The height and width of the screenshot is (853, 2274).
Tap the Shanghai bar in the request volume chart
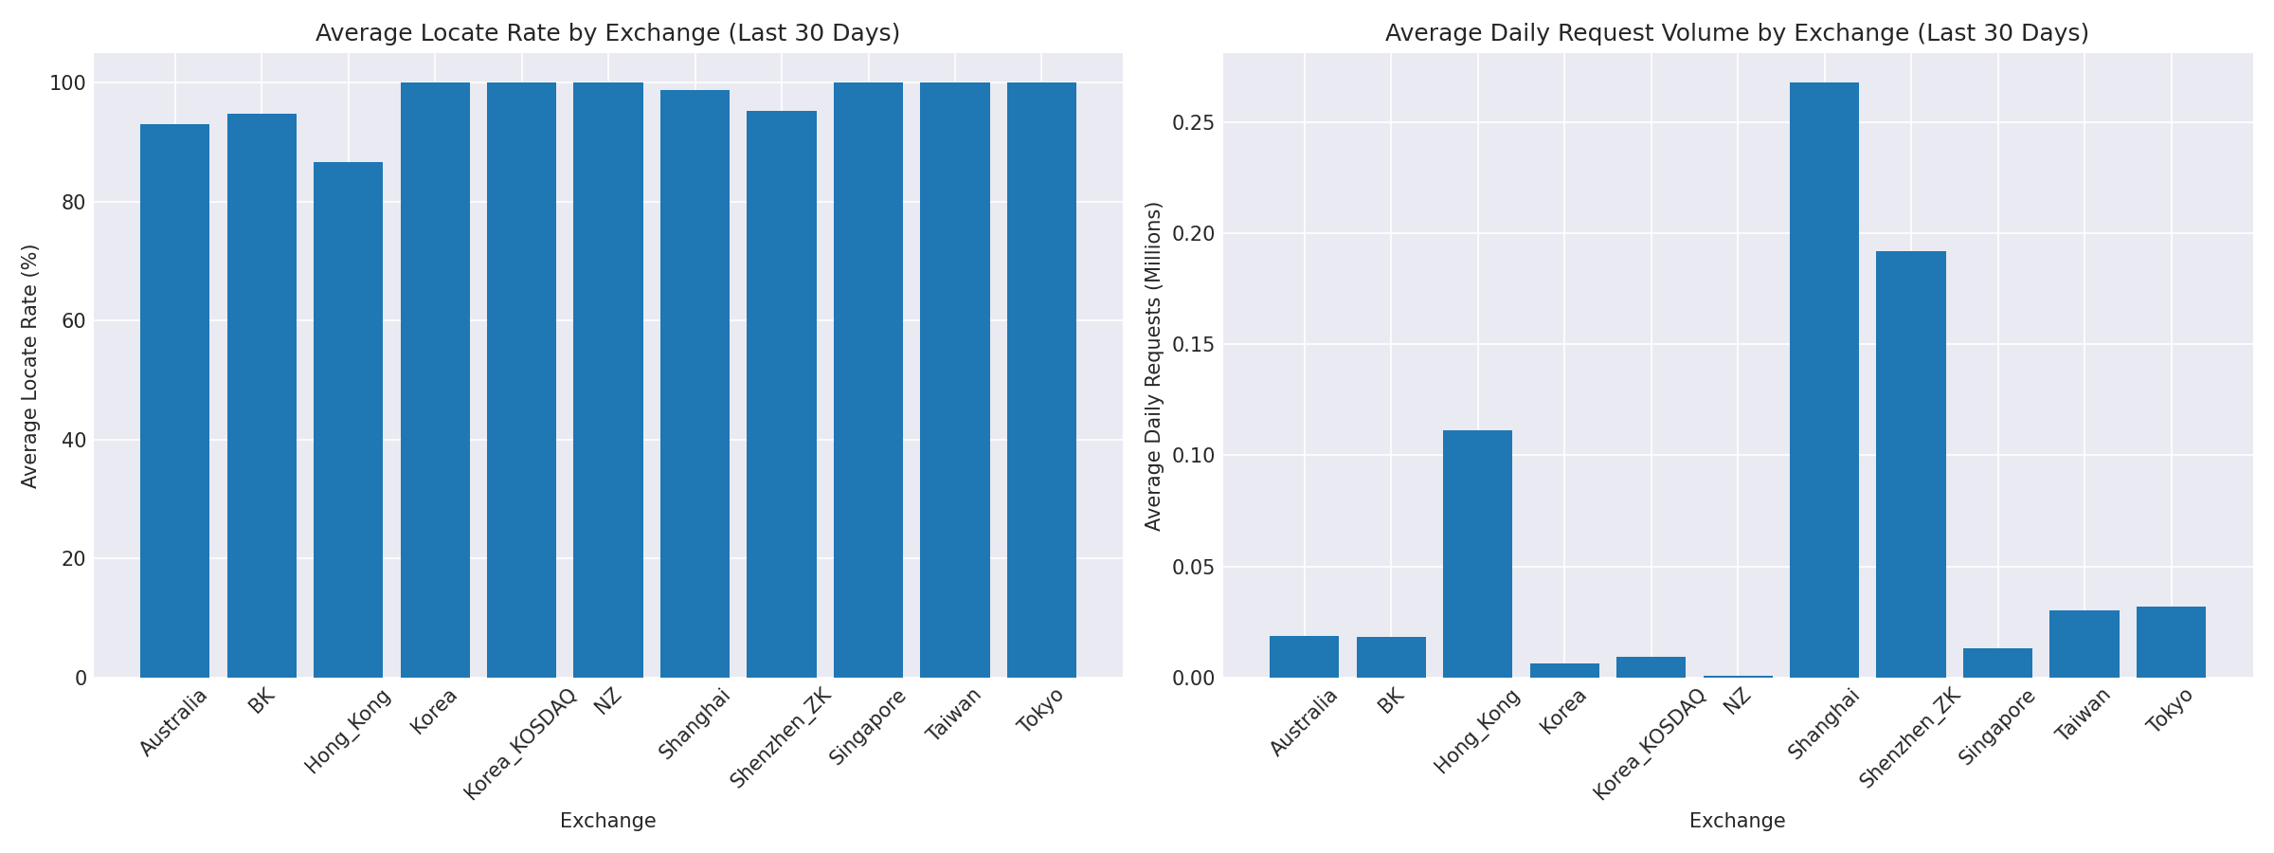click(1824, 380)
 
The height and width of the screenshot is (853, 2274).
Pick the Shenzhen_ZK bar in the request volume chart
click(1910, 464)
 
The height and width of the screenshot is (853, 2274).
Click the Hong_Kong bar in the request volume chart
click(1477, 554)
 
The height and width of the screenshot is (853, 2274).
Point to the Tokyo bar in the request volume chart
click(2171, 642)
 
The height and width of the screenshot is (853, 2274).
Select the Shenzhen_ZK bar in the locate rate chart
click(781, 394)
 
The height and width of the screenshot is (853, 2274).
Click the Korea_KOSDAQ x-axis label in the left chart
click(520, 744)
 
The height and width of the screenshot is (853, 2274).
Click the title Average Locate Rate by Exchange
click(607, 33)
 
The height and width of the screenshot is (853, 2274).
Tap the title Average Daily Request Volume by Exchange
click(1737, 33)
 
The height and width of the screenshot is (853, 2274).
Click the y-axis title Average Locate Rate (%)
click(29, 366)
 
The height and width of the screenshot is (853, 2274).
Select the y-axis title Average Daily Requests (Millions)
click(1153, 366)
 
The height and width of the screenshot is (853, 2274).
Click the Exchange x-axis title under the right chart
click(1737, 821)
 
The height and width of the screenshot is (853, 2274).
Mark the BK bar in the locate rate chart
click(262, 395)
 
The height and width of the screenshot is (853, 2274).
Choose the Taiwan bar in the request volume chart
click(2084, 644)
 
